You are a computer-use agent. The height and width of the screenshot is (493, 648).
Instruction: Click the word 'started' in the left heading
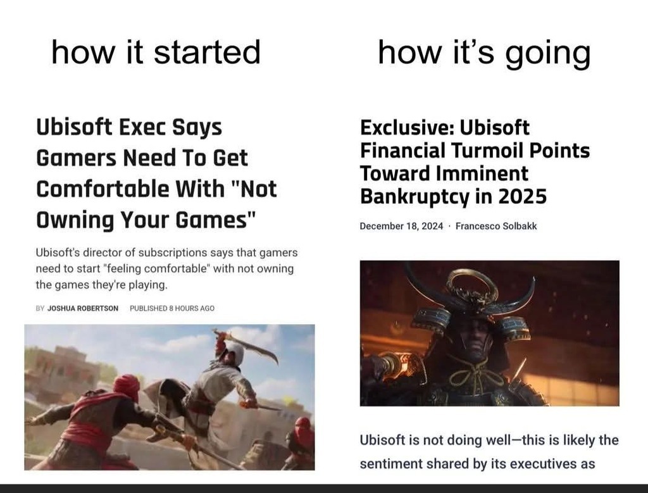[x=207, y=52]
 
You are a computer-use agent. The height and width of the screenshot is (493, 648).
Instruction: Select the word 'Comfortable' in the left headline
[x=103, y=189]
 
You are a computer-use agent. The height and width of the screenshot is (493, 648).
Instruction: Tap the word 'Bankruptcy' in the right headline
[x=414, y=197]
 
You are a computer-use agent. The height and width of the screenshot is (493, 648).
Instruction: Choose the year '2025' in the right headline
[x=522, y=196]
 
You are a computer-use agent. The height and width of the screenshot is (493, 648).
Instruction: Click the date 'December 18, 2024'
[x=401, y=226]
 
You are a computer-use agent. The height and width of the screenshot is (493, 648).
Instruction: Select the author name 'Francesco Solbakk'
[x=496, y=226]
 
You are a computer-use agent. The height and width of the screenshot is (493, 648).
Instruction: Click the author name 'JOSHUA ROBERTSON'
[x=83, y=308]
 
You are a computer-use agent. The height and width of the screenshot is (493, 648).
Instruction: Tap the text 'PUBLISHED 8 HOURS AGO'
[x=172, y=308]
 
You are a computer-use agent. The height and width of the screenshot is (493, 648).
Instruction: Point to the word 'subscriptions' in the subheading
[x=173, y=253]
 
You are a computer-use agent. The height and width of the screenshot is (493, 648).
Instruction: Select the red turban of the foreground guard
[x=126, y=387]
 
